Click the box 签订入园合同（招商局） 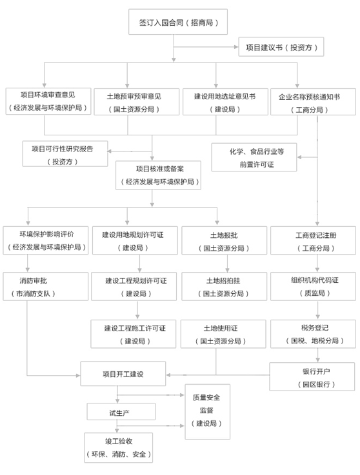(178, 22)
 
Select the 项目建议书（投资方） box (281, 46)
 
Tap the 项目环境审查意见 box (48, 101)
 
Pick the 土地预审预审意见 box (137, 102)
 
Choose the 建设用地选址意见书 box (225, 102)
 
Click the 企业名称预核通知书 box (313, 102)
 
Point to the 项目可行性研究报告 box (65, 153)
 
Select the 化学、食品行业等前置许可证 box (254, 157)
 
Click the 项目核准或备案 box (158, 175)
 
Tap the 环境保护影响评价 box (46, 240)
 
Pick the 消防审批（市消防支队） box (46, 286)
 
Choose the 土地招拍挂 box (224, 286)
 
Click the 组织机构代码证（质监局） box (313, 286)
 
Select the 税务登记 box (313, 334)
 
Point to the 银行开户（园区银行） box (312, 376)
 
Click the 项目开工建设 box (123, 374)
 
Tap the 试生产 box (121, 411)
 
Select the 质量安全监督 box (208, 412)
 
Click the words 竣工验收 (119, 441)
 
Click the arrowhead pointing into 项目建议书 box (236, 47)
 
